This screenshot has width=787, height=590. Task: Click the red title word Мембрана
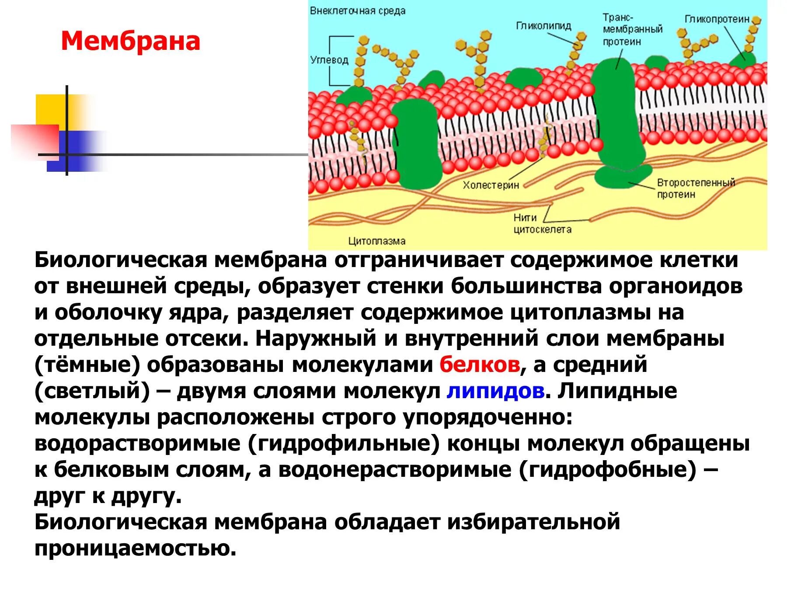click(130, 42)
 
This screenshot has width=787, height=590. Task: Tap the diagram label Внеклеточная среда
click(357, 10)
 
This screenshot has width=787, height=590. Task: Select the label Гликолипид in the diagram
click(543, 26)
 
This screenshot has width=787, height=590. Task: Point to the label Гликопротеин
click(717, 19)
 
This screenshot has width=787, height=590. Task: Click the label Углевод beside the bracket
click(329, 60)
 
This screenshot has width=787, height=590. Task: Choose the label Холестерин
click(491, 185)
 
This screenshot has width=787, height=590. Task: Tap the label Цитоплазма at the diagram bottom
click(376, 241)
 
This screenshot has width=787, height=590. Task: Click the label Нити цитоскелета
click(542, 223)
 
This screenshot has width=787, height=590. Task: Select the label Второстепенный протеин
click(696, 188)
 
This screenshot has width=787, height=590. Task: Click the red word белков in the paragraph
click(480, 364)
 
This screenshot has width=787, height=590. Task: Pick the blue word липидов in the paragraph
click(495, 391)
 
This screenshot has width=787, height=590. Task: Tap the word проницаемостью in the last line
click(135, 548)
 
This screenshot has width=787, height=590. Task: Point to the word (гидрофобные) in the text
click(608, 470)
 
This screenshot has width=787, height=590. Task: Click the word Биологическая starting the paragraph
click(120, 260)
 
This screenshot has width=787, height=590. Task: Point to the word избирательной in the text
click(533, 522)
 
